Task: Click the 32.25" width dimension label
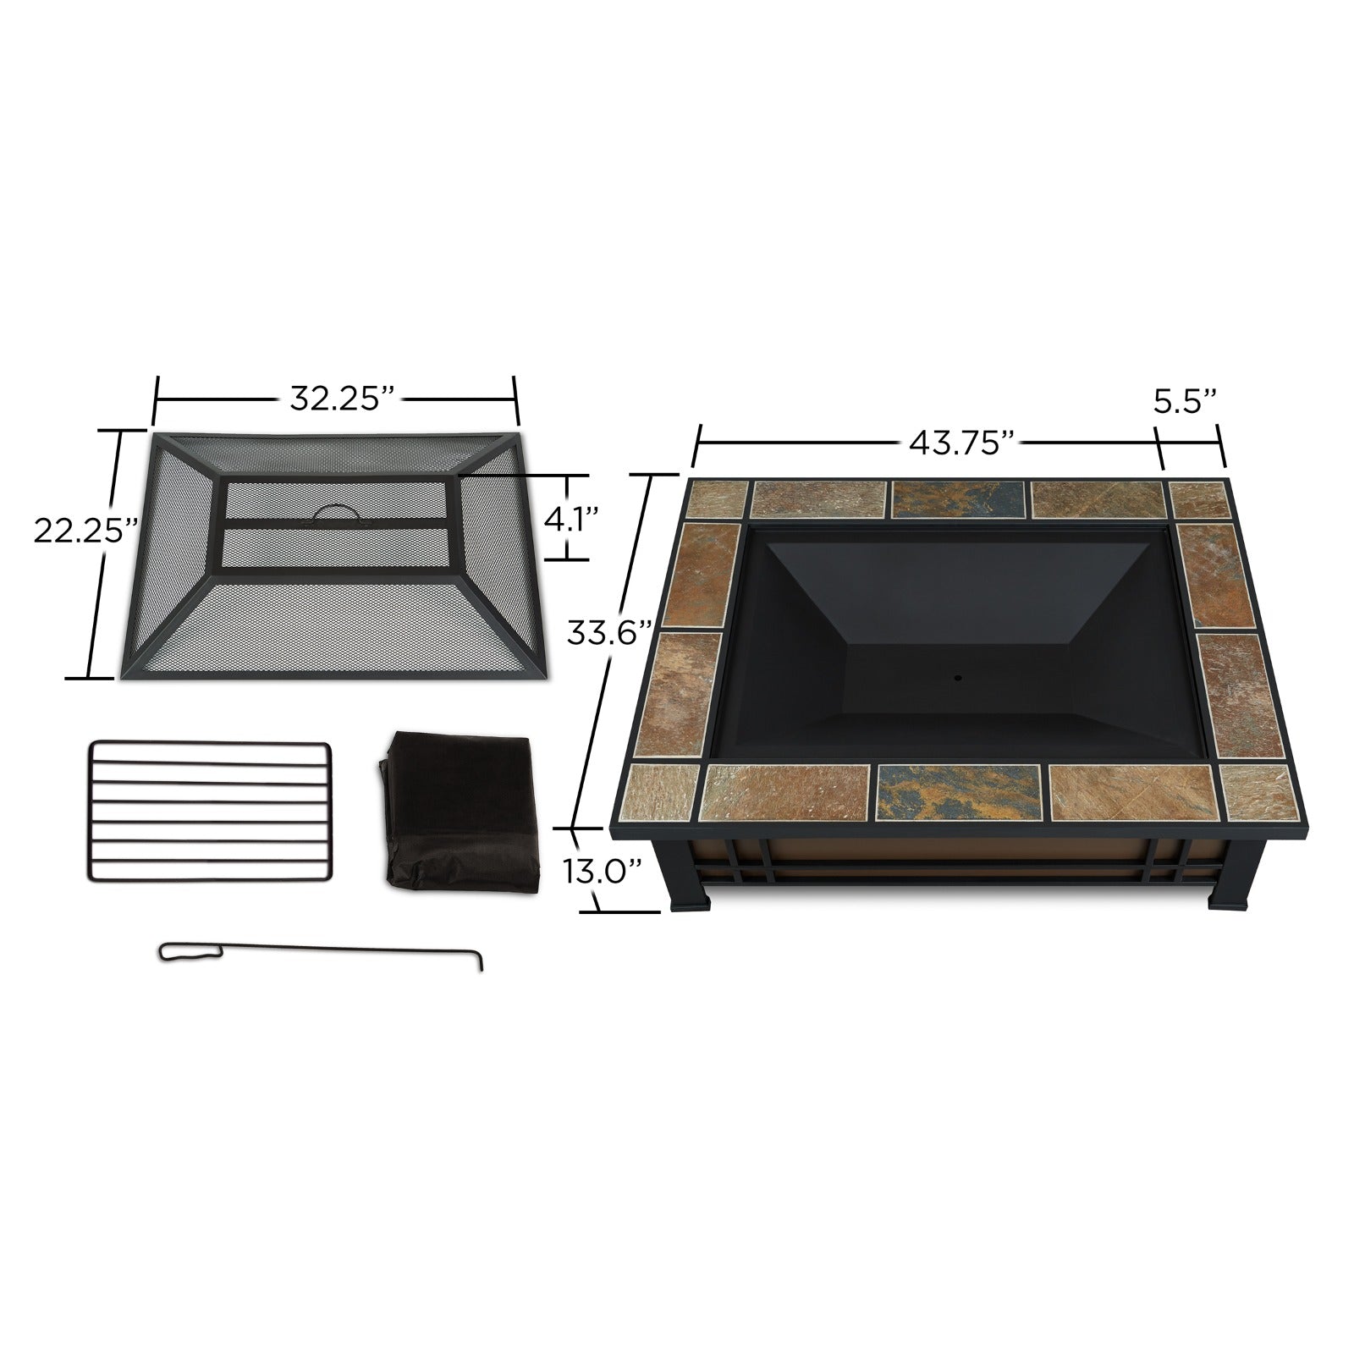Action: [x=343, y=398]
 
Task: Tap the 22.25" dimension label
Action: [x=85, y=530]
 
